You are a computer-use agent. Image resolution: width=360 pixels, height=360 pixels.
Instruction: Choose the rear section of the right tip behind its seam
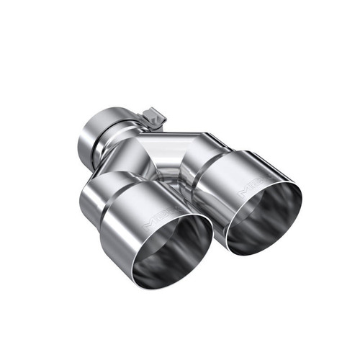(202, 162)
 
